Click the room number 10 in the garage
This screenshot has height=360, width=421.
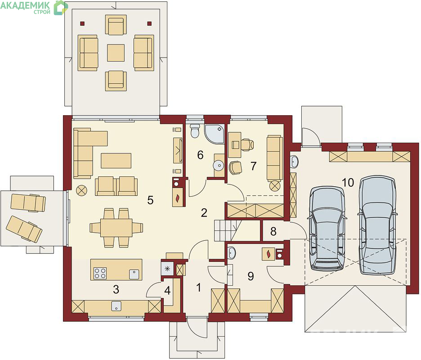(x=348, y=182)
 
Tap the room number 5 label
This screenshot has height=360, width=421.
(x=150, y=200)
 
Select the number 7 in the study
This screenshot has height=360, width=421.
(x=254, y=166)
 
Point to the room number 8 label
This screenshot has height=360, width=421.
(x=273, y=231)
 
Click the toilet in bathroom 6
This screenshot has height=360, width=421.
(x=195, y=130)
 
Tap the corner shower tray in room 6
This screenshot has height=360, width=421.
(x=214, y=134)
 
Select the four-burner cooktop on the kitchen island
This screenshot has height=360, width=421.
(x=100, y=273)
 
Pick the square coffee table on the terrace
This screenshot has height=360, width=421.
(x=116, y=53)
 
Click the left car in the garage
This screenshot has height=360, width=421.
(x=327, y=228)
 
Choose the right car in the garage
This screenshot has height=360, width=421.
(x=377, y=225)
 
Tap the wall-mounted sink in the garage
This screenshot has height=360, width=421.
(x=294, y=161)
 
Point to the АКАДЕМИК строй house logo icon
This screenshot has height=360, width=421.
(x=61, y=7)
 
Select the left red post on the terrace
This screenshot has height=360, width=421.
(x=82, y=23)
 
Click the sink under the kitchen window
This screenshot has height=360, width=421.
(x=116, y=306)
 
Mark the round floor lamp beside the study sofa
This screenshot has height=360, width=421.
(x=274, y=186)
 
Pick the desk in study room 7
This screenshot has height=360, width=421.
(x=234, y=145)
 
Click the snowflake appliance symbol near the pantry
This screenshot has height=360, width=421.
(x=167, y=268)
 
